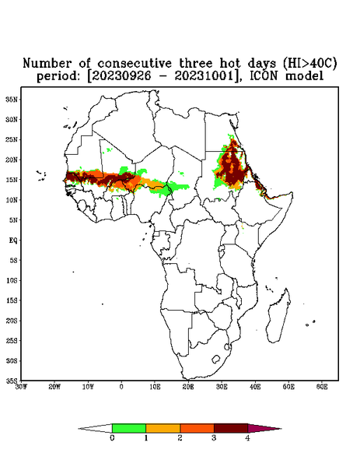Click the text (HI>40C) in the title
point(309,63)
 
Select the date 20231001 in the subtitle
point(204,76)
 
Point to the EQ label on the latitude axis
point(13,240)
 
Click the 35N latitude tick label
point(12,99)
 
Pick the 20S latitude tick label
point(12,321)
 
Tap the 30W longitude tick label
point(21,387)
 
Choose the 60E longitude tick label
point(322,387)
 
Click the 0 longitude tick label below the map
point(121,387)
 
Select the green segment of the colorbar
point(129,428)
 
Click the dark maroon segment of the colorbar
point(231,428)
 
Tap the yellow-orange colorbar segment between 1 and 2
point(163,428)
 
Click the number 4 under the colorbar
point(247,438)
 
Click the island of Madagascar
point(278,316)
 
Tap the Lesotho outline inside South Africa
point(216,359)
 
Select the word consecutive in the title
point(135,64)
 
